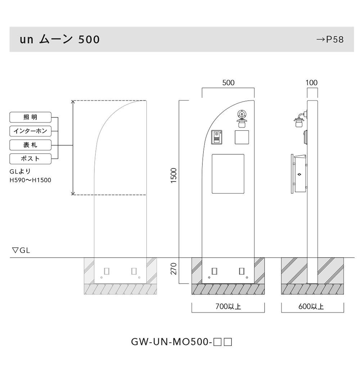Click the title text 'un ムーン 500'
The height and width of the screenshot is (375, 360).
point(59,39)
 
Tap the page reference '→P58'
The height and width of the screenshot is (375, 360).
point(330,40)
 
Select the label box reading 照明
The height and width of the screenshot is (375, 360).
point(30,117)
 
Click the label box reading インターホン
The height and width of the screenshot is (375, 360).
point(30,131)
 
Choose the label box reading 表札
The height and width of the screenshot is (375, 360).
point(30,145)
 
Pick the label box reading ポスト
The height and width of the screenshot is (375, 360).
point(30,159)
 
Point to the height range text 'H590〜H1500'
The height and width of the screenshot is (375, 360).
point(30,180)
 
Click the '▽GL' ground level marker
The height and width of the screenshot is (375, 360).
point(21,250)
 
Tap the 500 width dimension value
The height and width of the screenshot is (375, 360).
point(228,83)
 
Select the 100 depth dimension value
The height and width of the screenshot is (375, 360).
point(311,83)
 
